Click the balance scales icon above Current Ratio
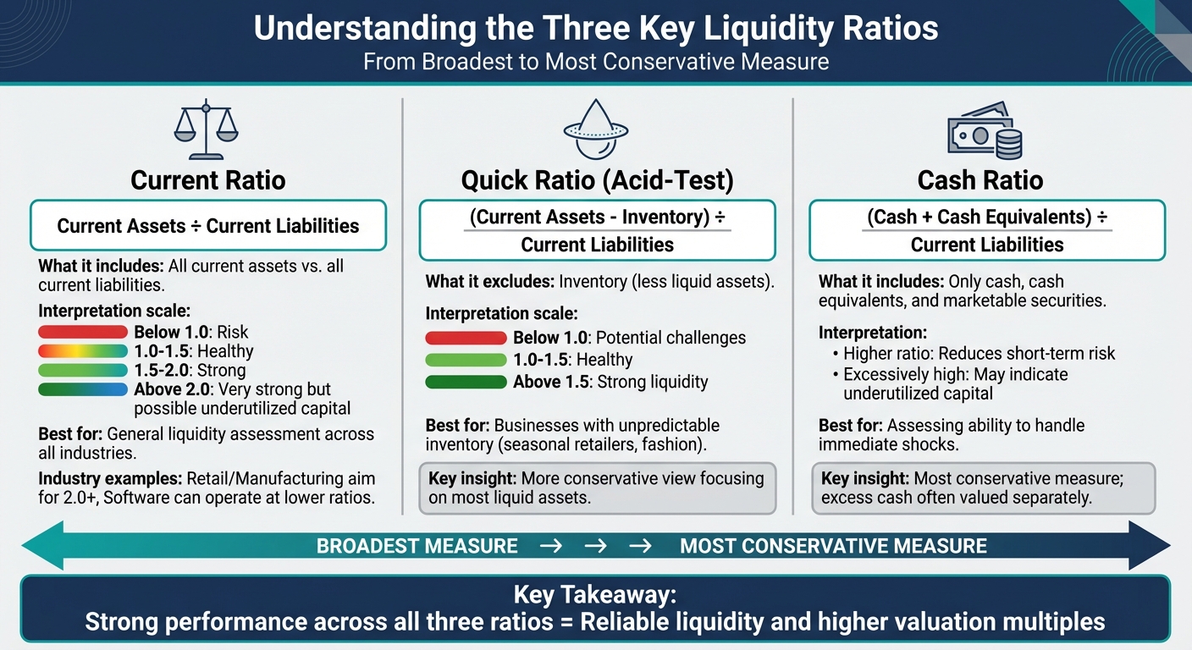point(206,130)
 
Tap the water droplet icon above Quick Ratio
point(595,130)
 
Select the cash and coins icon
point(984,130)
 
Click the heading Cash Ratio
point(980,180)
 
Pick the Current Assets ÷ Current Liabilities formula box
point(208,226)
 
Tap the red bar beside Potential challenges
point(466,339)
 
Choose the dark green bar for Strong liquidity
point(466,383)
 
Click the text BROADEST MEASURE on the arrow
point(417,546)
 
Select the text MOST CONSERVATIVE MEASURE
point(833,546)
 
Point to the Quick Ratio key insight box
point(597,488)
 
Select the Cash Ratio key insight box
point(983,488)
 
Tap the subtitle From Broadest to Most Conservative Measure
point(596,62)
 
